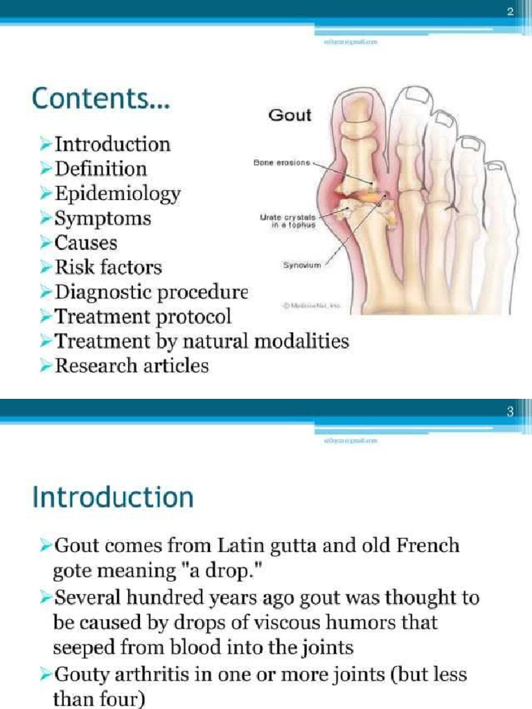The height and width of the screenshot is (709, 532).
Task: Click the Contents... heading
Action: (101, 101)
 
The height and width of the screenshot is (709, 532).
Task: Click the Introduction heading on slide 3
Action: (112, 498)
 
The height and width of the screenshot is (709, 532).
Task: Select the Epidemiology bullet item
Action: (118, 194)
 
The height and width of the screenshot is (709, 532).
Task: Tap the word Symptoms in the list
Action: (103, 219)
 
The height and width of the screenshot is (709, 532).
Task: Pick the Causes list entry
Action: (86, 243)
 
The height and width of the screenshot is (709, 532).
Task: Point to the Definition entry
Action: (101, 169)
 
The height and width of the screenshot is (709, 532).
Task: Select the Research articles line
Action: (132, 365)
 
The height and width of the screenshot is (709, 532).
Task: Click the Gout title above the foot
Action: (290, 115)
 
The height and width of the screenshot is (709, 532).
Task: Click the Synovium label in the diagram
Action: (301, 264)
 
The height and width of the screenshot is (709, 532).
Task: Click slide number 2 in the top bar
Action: (511, 12)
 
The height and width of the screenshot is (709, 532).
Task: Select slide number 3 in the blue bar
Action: (511, 413)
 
